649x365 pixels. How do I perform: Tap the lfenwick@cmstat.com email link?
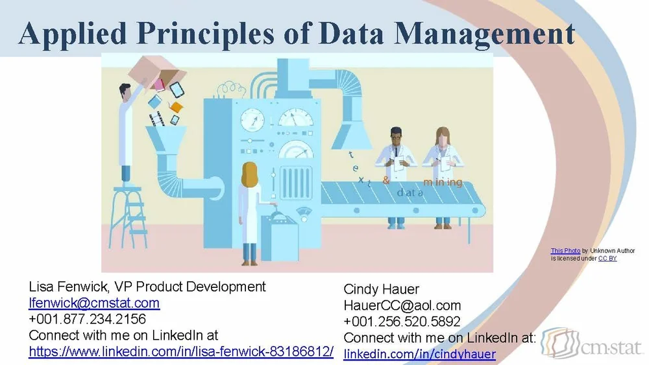pos(94,303)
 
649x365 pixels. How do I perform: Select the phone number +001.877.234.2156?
pos(88,319)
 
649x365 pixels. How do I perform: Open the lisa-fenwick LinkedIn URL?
pos(181,352)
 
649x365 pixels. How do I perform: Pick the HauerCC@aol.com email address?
pos(402,305)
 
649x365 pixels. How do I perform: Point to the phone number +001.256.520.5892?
pos(402,322)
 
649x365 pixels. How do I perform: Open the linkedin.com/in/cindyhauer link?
pos(419,354)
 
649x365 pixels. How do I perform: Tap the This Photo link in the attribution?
pos(565,251)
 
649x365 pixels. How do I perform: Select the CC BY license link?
pos(607,258)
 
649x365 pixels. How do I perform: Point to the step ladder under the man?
pos(128,211)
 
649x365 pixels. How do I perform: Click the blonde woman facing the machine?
pos(250,211)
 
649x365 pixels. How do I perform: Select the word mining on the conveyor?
pos(443,182)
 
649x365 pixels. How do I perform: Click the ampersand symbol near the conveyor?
pos(386,181)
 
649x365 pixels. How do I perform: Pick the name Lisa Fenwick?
pos(64,287)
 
